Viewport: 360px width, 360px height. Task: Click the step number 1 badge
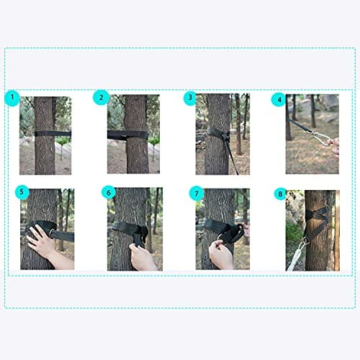tap(12, 98)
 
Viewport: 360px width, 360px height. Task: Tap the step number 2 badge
tap(101, 97)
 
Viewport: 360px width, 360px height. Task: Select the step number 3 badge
tap(190, 97)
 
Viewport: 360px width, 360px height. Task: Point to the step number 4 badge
tap(279, 99)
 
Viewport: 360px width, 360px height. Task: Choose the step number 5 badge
tap(22, 192)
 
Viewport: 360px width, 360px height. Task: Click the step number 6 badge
tap(109, 192)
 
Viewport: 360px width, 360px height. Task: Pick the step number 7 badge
tap(197, 193)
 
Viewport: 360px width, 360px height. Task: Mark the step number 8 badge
tap(280, 194)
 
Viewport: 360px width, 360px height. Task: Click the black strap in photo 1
tap(53, 134)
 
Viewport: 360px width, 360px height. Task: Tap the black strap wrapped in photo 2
tap(127, 135)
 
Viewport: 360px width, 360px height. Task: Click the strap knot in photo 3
tap(225, 136)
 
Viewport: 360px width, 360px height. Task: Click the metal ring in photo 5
tap(52, 233)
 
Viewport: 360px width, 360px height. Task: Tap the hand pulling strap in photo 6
tap(142, 258)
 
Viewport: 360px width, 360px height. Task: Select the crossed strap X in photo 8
tap(317, 214)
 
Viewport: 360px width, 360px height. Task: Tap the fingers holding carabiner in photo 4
tap(334, 145)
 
